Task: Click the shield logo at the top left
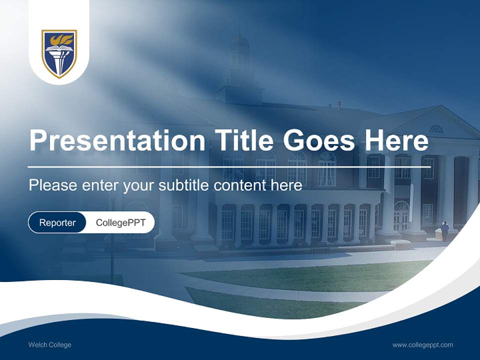coord(59,53)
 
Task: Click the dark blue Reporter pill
coord(57,222)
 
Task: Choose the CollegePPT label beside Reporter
coord(120,222)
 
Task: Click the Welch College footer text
coord(50,345)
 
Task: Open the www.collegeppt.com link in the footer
coord(422,345)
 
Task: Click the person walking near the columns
coord(444,231)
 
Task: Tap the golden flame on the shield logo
coord(59,39)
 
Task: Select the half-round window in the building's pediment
coord(436,129)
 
